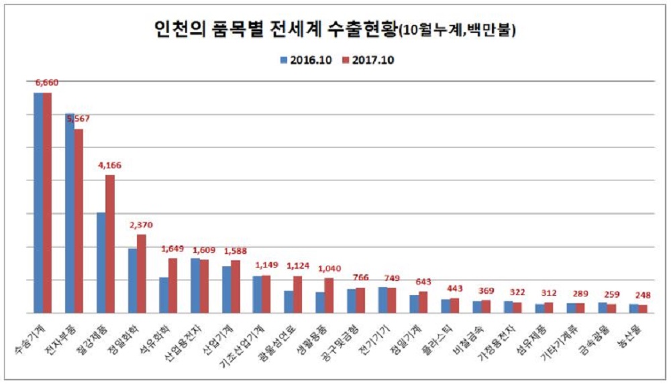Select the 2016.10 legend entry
click(306, 60)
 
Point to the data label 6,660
click(46, 82)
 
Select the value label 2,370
click(141, 224)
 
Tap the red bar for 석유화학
click(172, 285)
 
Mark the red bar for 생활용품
click(329, 295)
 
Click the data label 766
click(360, 278)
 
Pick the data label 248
click(643, 295)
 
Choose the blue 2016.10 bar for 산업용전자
click(195, 285)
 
